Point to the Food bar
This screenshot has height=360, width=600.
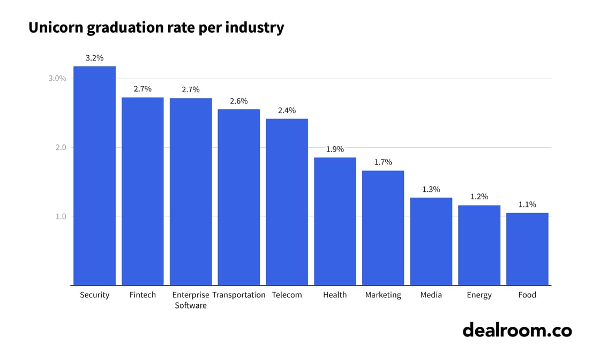[x=527, y=249]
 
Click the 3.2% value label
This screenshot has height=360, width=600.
[x=94, y=58]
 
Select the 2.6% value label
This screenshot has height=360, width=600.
[x=238, y=101]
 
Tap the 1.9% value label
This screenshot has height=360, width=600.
[x=335, y=149]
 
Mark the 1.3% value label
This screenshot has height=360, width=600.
[x=431, y=189]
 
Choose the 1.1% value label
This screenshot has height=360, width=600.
[x=527, y=205]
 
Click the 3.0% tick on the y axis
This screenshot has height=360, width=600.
[x=57, y=78]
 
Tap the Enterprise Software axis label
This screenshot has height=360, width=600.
[x=191, y=300]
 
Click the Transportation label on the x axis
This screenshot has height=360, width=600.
[x=238, y=295]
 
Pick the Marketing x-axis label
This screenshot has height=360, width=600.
[x=383, y=295]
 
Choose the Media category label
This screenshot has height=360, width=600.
[x=431, y=295]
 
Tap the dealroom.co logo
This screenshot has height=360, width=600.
[x=517, y=330]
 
